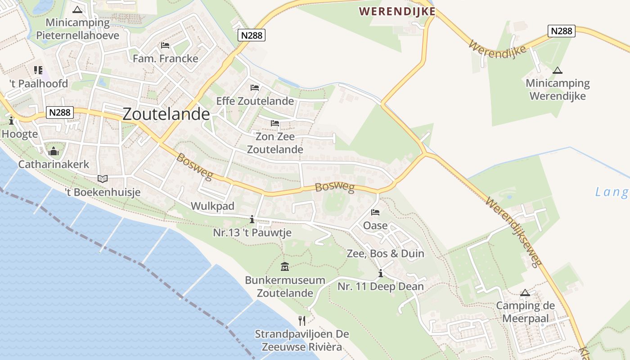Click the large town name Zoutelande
point(166,114)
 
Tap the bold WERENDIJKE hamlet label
point(397,11)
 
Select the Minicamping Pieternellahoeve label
point(78,29)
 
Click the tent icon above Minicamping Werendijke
point(558,70)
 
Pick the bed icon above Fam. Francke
point(165,45)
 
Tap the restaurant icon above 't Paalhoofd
point(38,70)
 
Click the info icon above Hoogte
point(11,121)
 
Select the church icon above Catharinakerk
point(54,151)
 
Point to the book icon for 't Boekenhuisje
point(103,179)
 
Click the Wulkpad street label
point(213,206)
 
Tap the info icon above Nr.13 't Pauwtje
point(252,219)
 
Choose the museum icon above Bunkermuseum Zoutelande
point(285,267)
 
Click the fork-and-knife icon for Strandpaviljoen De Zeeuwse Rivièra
point(302,320)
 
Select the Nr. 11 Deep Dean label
point(381,286)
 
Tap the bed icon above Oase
point(375,212)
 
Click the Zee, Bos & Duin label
point(385,253)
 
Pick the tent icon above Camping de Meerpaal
point(525,293)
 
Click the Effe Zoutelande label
point(255,101)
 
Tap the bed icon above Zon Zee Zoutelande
point(275,123)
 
